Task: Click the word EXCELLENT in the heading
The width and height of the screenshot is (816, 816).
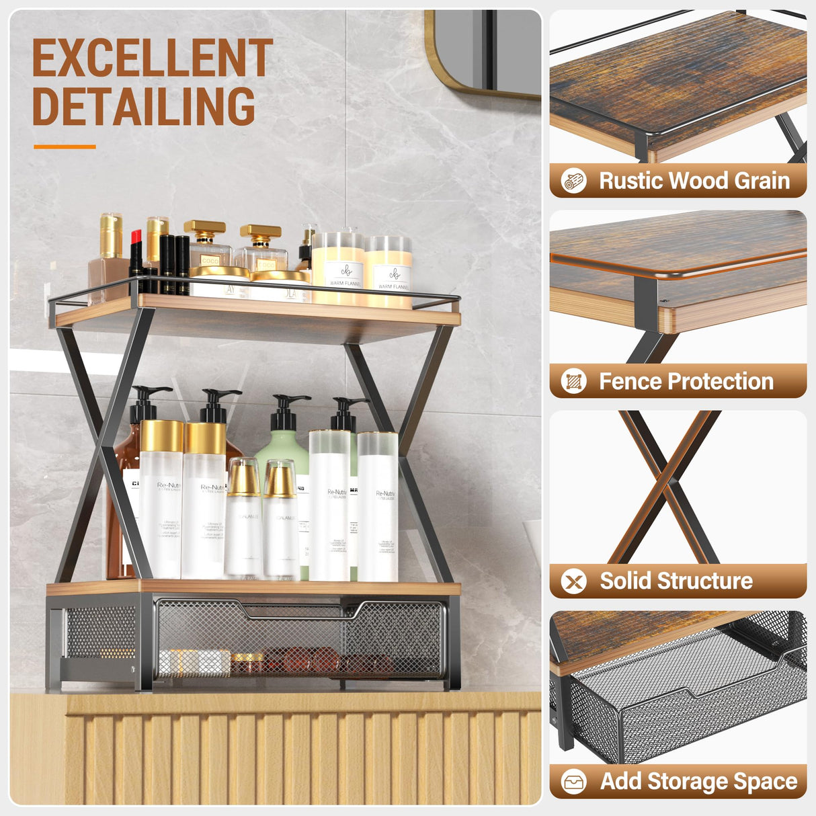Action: coord(153,58)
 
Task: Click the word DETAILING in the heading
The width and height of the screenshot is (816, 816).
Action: coord(144,106)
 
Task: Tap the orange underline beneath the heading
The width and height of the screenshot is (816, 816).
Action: coord(65,147)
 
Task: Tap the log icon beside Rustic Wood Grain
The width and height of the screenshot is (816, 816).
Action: coord(573,181)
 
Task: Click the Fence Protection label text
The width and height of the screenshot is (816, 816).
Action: coord(686,381)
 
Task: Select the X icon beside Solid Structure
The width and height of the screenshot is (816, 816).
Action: coord(573,581)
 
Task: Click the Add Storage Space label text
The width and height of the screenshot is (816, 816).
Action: coord(698,781)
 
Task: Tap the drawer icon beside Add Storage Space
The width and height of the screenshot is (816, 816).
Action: coord(573,782)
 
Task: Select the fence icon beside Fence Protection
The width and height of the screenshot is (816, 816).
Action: coord(573,381)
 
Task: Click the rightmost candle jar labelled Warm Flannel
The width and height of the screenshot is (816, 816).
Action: coord(388,272)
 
